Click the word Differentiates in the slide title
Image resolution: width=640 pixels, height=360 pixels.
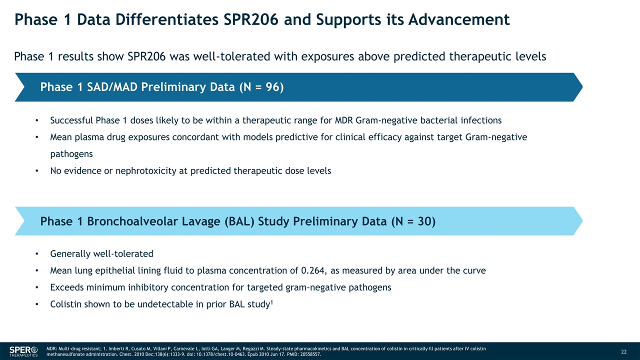[x=167, y=19]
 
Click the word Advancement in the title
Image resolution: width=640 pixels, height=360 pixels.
[x=459, y=19]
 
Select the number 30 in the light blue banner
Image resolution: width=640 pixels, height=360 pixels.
[x=424, y=221]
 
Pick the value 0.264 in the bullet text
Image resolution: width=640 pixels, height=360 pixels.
[x=313, y=270]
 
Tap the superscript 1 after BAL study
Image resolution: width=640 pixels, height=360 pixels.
[x=271, y=301]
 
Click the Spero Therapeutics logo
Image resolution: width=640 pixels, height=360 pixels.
[x=23, y=351]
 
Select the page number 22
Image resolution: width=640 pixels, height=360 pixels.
[x=623, y=351]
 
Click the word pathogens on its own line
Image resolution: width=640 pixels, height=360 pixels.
[x=71, y=154]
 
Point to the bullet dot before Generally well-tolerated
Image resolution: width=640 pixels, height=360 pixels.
[x=37, y=254]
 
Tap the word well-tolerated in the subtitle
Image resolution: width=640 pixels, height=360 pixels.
[x=231, y=56]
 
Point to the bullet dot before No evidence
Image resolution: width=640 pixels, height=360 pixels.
[x=37, y=171]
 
